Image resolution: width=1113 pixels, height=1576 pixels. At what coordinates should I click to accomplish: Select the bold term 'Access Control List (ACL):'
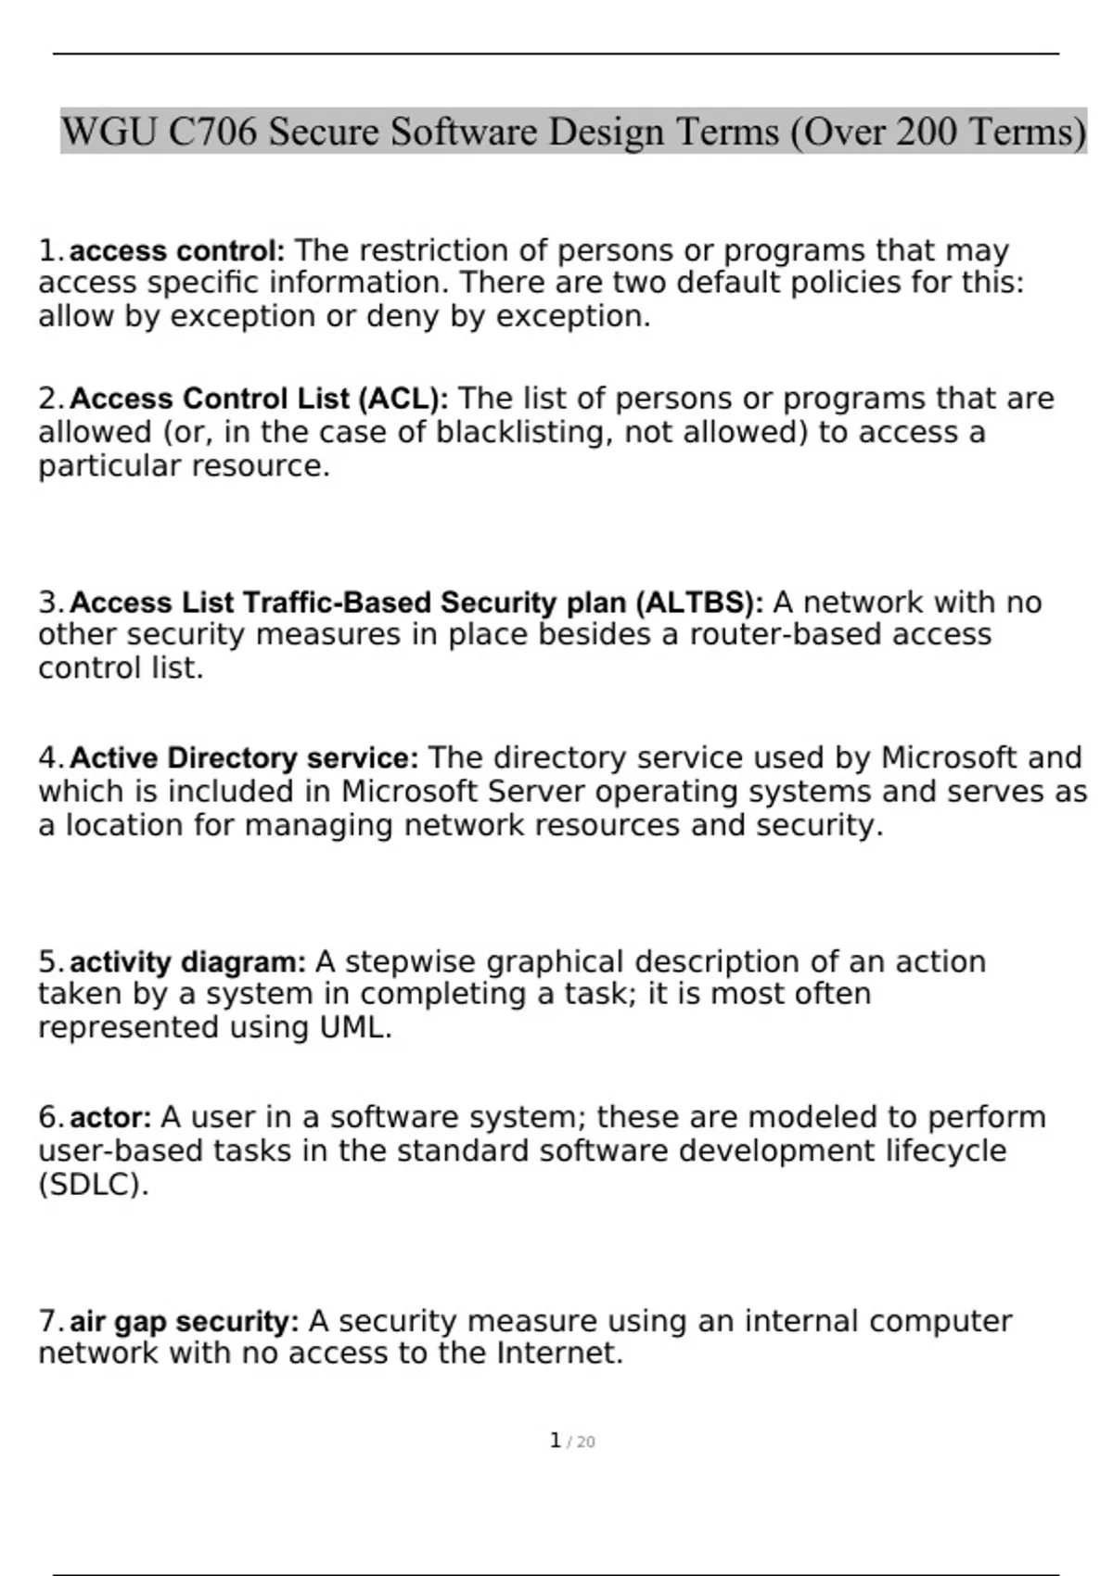(x=259, y=399)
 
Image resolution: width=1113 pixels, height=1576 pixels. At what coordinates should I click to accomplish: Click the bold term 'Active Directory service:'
(x=244, y=758)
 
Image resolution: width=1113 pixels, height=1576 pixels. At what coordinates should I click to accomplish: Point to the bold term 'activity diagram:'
(x=187, y=962)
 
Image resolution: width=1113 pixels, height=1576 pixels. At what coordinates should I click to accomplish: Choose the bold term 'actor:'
(x=110, y=1117)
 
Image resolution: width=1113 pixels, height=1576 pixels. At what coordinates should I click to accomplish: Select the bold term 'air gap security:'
(x=184, y=1321)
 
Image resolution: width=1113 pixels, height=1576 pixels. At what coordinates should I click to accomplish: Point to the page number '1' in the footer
(x=555, y=1441)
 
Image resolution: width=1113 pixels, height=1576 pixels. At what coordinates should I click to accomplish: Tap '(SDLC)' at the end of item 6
(x=93, y=1185)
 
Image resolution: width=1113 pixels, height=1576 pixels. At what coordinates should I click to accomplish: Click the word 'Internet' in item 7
(x=558, y=1354)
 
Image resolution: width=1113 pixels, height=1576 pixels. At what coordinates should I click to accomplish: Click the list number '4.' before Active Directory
(x=51, y=758)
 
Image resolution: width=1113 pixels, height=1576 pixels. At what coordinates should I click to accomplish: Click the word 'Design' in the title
(x=606, y=132)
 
